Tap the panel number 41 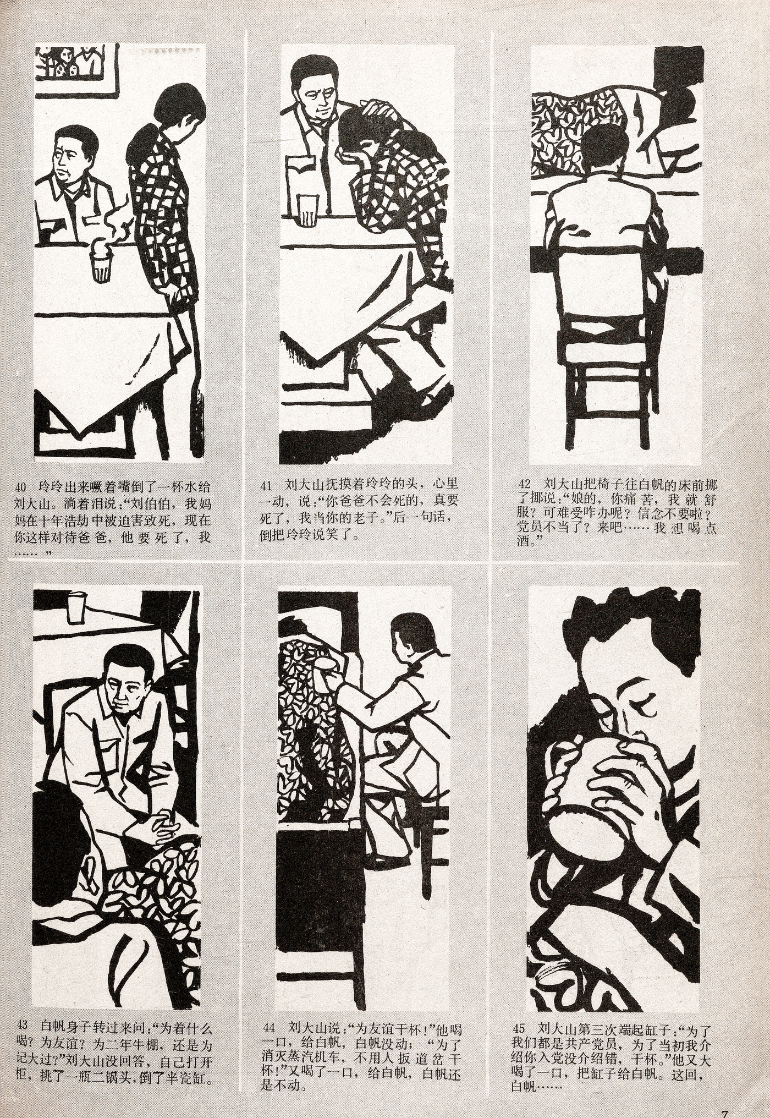(x=266, y=486)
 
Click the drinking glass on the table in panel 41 (x=308, y=211)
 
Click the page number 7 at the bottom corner (x=725, y=1113)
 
